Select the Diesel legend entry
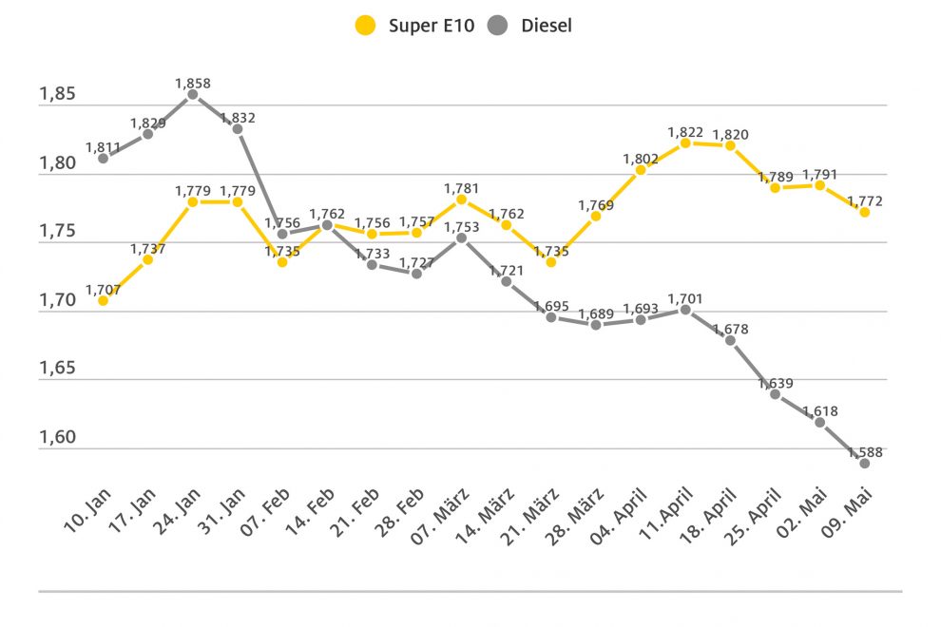coord(532,26)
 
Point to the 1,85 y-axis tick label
coord(57,95)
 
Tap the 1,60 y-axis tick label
coord(57,438)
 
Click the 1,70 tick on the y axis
coord(57,301)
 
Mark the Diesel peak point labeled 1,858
coord(192,94)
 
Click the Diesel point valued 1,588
coord(865,463)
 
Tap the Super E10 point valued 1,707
coord(103,300)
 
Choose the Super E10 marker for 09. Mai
coord(865,212)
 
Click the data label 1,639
coord(775,383)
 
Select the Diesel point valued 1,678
coord(730,340)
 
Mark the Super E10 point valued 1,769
coord(596,216)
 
